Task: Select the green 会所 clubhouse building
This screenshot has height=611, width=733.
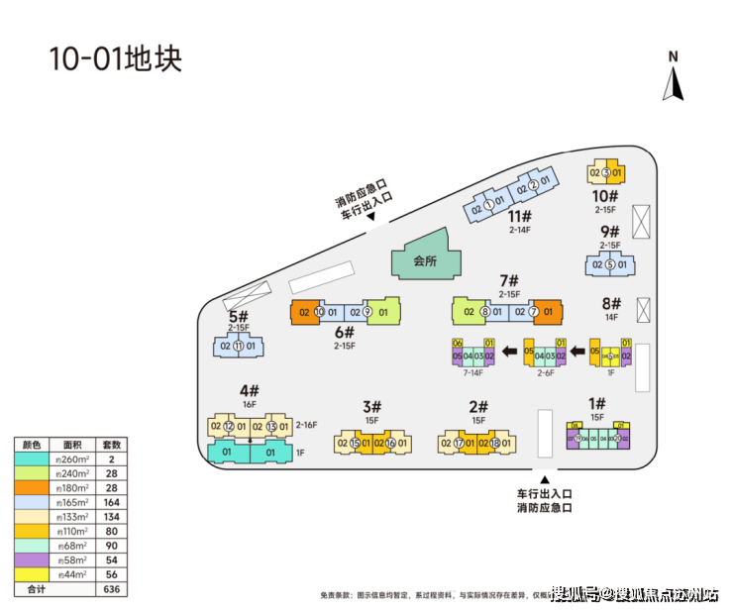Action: coord(426,260)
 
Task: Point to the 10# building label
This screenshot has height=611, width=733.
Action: coord(606,196)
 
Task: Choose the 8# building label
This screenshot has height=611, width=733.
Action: coord(610,304)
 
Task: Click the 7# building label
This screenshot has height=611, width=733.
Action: coord(509,280)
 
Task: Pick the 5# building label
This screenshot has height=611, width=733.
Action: coord(238,317)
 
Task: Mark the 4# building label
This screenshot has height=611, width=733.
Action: coord(249,390)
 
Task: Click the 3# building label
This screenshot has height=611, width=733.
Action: coord(371,406)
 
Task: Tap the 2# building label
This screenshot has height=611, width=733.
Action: coord(478,406)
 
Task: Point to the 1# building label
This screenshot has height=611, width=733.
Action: coord(596,403)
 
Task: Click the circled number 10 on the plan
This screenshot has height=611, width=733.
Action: coord(319,312)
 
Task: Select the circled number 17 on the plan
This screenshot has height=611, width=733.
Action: coord(459,444)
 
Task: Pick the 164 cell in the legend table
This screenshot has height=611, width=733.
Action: coord(113,501)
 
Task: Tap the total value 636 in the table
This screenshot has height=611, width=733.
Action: coord(113,588)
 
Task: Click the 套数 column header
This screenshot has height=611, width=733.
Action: coord(113,444)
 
